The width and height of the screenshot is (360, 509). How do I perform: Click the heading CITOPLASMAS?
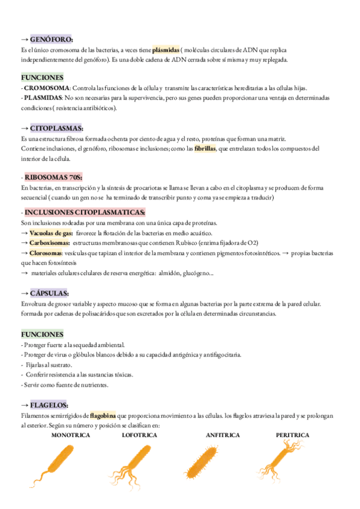[x=56, y=128]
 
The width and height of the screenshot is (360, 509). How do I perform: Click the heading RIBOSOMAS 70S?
[x=54, y=178]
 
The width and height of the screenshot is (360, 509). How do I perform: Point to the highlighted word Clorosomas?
[x=48, y=253]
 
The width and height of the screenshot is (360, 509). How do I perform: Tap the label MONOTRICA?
[x=71, y=435]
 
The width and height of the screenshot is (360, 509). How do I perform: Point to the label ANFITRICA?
[x=223, y=435]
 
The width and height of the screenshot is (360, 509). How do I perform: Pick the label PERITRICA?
[x=293, y=435]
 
